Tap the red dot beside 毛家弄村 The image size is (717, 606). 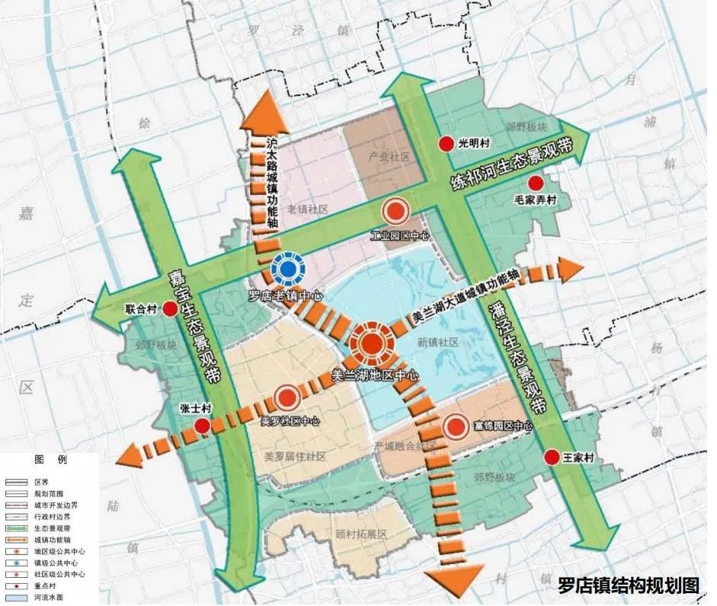(536, 183)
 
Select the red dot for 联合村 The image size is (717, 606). (171, 311)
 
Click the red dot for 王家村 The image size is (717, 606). (552, 458)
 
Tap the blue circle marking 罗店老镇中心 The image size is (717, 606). (288, 269)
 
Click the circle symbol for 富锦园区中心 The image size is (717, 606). (456, 428)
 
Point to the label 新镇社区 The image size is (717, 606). (437, 343)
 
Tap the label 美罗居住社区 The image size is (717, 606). (295, 457)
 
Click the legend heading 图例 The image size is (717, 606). (51, 461)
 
